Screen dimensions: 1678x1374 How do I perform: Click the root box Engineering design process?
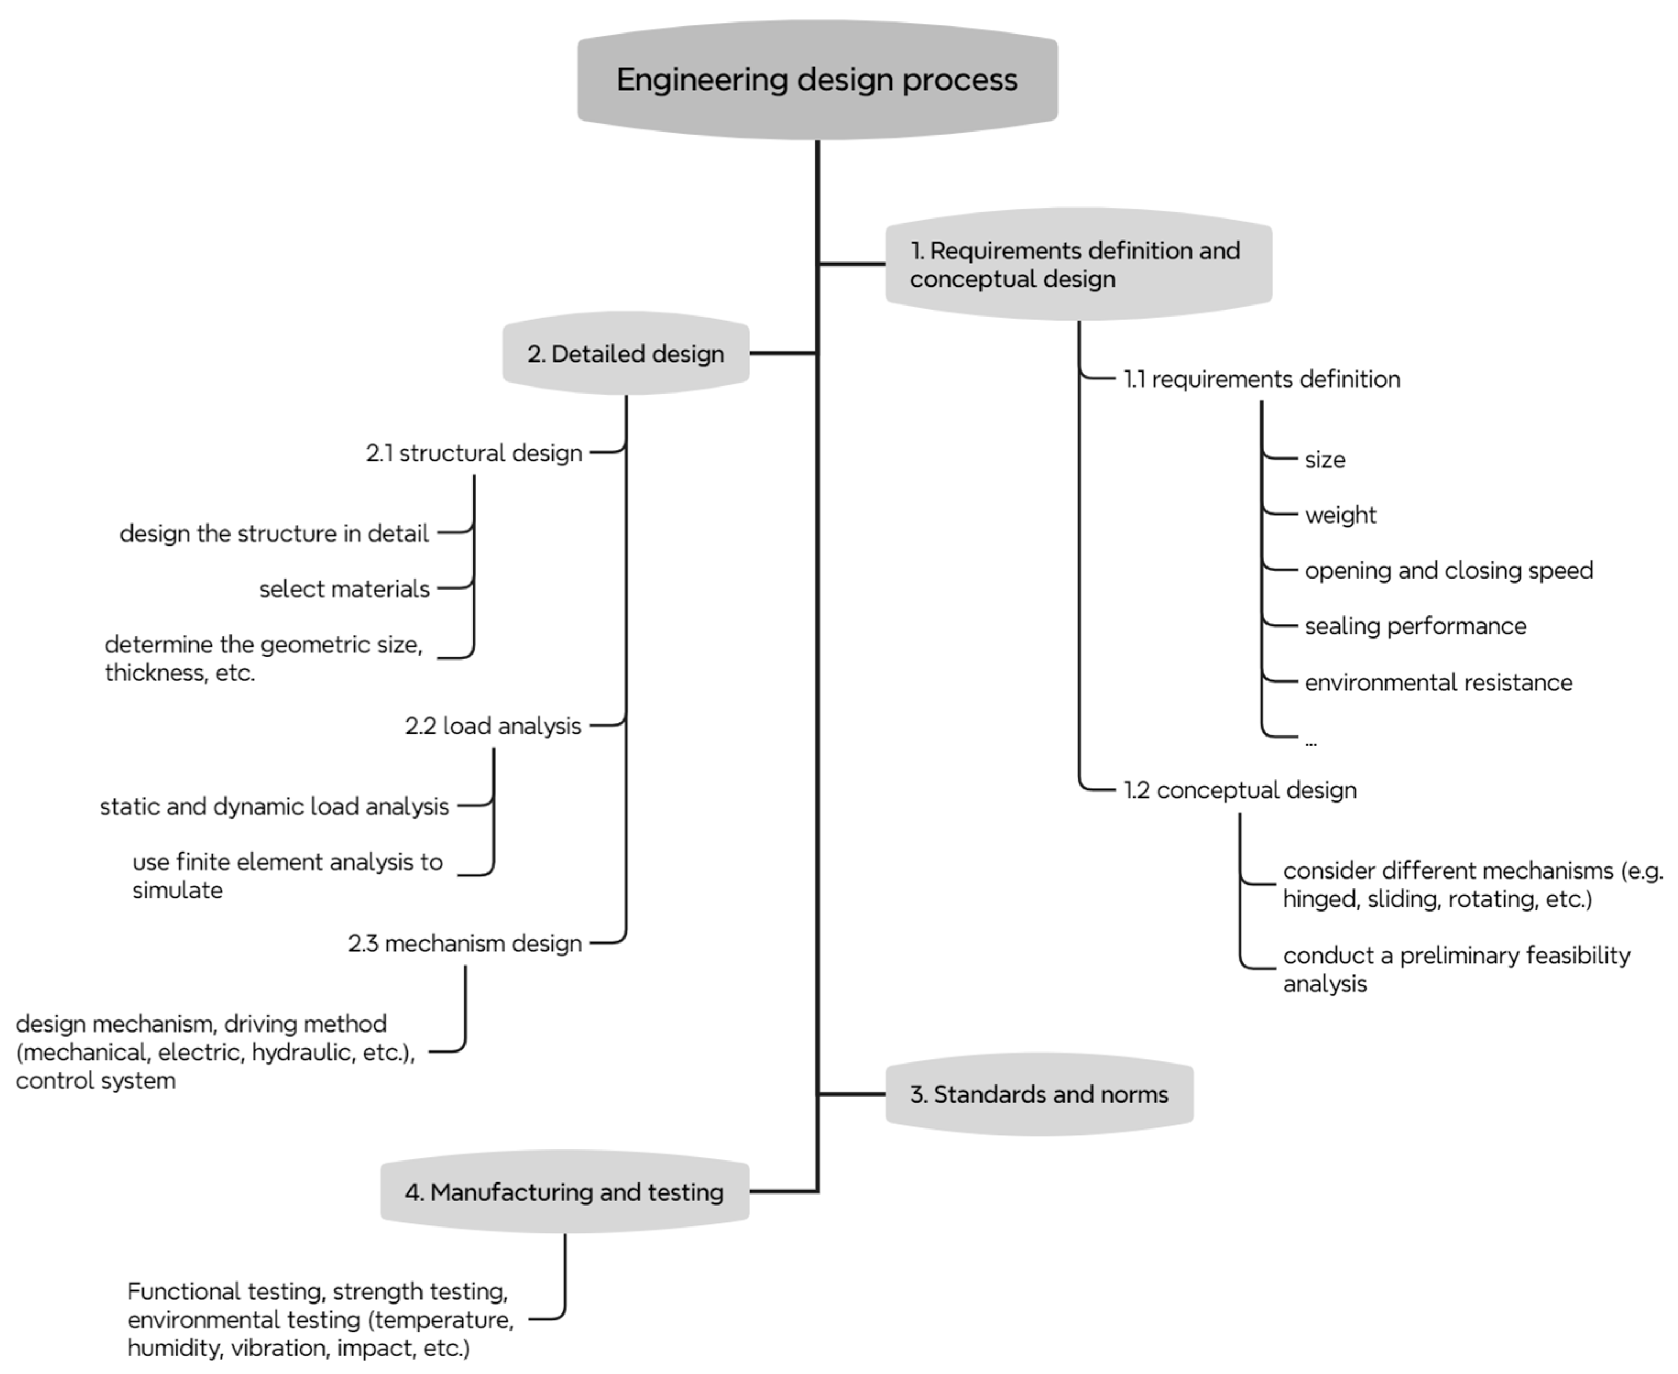817,80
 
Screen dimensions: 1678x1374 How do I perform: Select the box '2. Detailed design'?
626,353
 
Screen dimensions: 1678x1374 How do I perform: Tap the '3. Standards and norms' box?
1039,1094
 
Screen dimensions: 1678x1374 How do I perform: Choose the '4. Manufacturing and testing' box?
565,1191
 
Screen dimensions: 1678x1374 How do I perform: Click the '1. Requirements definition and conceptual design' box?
1078,264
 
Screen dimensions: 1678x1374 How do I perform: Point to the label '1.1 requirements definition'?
1262,379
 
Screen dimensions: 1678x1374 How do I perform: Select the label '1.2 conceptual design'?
1240,790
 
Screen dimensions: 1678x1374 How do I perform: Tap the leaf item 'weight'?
1340,515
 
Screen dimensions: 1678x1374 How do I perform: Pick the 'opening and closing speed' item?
1449,571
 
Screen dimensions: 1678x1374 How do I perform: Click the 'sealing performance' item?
1416,626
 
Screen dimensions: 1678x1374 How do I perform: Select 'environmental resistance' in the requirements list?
1438,682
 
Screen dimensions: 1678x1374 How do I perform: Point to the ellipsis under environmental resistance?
1311,743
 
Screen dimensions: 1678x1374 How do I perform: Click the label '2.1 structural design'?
474,452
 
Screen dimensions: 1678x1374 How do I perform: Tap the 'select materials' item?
344,589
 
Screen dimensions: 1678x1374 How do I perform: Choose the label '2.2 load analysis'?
493,726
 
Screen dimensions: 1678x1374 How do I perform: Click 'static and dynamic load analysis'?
275,806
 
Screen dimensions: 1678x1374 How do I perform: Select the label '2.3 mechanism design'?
465,944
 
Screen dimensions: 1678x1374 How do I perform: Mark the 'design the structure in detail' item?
275,533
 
